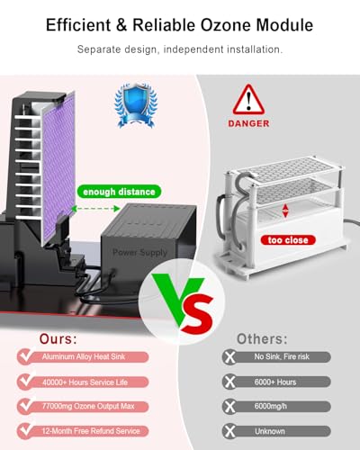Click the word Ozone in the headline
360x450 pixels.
[226, 24]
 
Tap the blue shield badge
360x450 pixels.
[136, 105]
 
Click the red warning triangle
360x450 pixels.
[248, 99]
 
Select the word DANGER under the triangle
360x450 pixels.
[248, 123]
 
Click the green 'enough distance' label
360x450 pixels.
[119, 192]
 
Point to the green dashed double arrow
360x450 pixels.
[95, 209]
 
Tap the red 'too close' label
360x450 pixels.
[288, 240]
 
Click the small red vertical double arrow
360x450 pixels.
[285, 211]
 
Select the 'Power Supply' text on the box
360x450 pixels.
[139, 252]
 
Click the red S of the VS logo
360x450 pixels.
[197, 313]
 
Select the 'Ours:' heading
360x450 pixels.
[58, 339]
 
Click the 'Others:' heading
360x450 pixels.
[262, 339]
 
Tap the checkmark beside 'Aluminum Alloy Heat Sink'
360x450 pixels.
[26, 355]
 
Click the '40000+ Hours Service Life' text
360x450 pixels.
[85, 382]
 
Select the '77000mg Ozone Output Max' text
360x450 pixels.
[88, 406]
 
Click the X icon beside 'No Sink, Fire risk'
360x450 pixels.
[230, 357]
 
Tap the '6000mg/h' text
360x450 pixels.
[271, 406]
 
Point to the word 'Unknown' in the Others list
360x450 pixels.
[270, 431]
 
